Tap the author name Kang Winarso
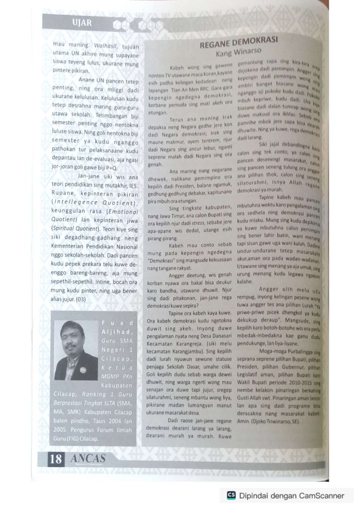pyautogui.click(x=238, y=52)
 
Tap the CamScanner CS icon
pyautogui.click(x=231, y=495)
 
